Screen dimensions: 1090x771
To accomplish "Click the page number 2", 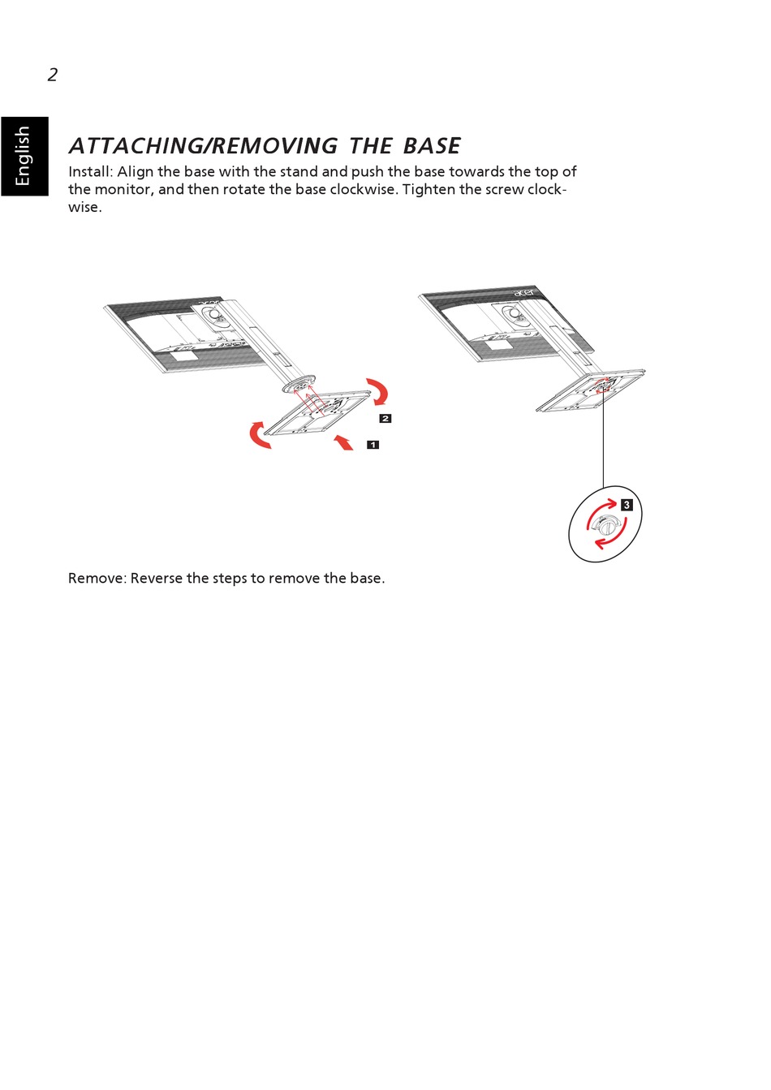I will [x=53, y=75].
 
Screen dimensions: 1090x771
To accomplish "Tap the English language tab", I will [x=24, y=156].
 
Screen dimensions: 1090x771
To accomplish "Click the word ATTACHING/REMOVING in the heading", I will [x=203, y=146].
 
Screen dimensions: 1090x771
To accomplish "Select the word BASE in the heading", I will [x=431, y=146].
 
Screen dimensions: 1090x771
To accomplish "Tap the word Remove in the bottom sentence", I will [x=97, y=579].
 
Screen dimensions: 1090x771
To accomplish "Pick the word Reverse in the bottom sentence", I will [x=157, y=579].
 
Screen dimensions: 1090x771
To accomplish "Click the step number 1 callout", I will [x=373, y=445].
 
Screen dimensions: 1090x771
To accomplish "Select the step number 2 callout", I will [x=385, y=419].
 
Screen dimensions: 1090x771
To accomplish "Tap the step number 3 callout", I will [x=627, y=505].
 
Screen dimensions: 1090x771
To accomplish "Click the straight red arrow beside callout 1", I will [x=344, y=442].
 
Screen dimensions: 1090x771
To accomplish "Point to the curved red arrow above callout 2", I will [x=378, y=390].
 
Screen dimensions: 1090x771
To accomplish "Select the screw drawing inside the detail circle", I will [x=605, y=525].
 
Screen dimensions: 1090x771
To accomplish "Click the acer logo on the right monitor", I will [x=524, y=291].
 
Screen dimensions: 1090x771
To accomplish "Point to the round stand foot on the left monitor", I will [x=299, y=384].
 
